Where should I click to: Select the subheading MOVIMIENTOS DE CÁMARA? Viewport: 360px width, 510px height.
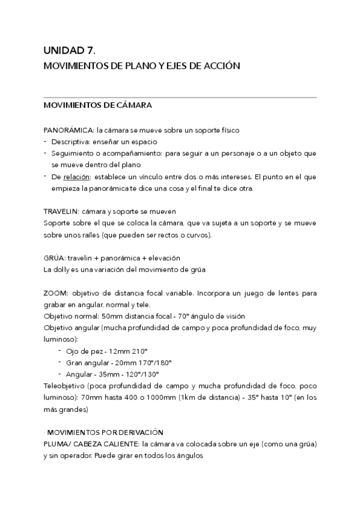pyautogui.click(x=98, y=106)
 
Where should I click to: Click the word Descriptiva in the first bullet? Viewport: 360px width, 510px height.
pyautogui.click(x=69, y=141)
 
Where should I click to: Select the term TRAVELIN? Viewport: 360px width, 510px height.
pyautogui.click(x=61, y=211)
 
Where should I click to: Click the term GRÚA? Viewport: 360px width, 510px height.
pyautogui.click(x=55, y=258)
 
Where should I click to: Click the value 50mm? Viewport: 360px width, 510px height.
pyautogui.click(x=114, y=316)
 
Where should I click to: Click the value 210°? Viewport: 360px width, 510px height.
pyautogui.click(x=139, y=351)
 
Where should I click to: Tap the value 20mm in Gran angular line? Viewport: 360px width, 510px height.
pyautogui.click(x=132, y=362)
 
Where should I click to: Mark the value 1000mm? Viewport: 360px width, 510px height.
pyautogui.click(x=157, y=397)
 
